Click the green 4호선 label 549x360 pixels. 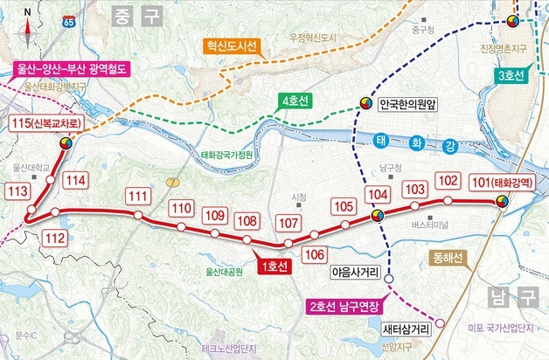coord(296,102)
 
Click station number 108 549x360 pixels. coord(247,221)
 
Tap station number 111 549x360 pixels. coord(138,197)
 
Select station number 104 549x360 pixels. coord(376,194)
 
